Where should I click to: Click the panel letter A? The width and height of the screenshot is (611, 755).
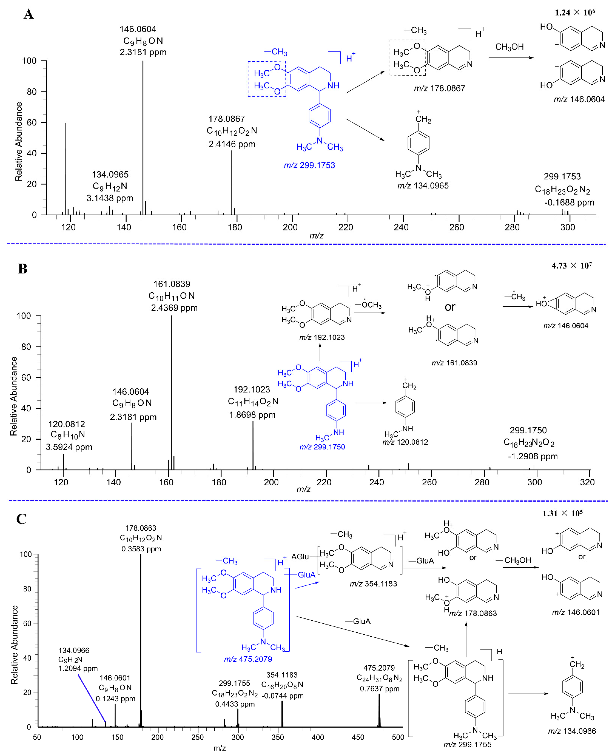28,14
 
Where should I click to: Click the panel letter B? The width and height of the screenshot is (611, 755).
23,269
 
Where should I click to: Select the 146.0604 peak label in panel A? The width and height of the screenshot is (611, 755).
138,29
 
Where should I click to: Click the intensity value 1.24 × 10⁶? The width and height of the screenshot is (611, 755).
575,13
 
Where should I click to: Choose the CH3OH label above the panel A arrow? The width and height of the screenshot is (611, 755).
509,47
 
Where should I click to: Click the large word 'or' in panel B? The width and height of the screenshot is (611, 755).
450,307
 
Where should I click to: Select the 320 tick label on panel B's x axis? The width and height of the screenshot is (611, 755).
587,482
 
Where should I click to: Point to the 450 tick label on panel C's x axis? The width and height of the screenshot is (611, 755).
358,737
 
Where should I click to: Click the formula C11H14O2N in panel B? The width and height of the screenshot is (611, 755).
253,401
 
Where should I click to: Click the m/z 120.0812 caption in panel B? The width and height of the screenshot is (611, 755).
405,442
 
